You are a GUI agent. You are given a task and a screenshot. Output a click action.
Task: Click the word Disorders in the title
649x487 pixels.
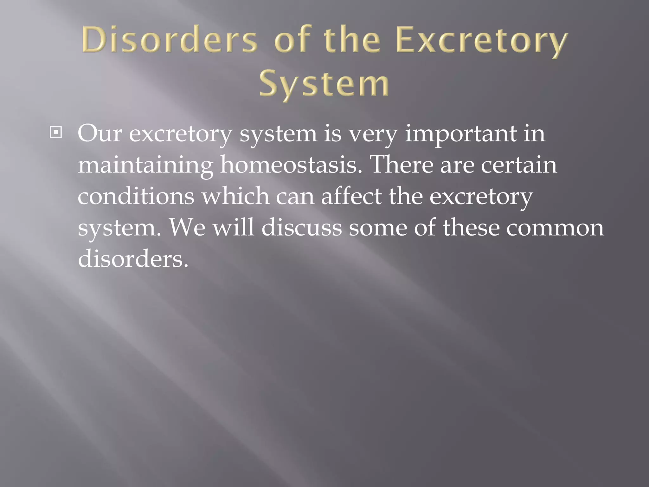click(170, 41)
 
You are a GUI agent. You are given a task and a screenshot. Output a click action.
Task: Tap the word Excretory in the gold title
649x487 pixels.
click(481, 42)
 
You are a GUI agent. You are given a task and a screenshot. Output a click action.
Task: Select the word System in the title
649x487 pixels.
click(324, 84)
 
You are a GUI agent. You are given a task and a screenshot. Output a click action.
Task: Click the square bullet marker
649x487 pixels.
click(56, 133)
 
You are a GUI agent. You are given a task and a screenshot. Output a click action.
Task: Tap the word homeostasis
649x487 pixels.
click(291, 165)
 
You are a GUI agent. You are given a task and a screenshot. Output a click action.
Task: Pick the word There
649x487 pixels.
click(401, 165)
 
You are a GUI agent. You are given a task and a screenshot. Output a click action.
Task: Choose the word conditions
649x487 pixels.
click(136, 196)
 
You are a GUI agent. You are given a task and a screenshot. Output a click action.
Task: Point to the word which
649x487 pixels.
click(235, 196)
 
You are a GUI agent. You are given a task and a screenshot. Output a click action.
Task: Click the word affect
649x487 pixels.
click(351, 196)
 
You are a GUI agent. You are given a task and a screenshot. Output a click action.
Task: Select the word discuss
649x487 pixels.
click(302, 227)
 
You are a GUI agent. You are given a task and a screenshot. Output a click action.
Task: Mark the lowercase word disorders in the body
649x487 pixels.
click(133, 258)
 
